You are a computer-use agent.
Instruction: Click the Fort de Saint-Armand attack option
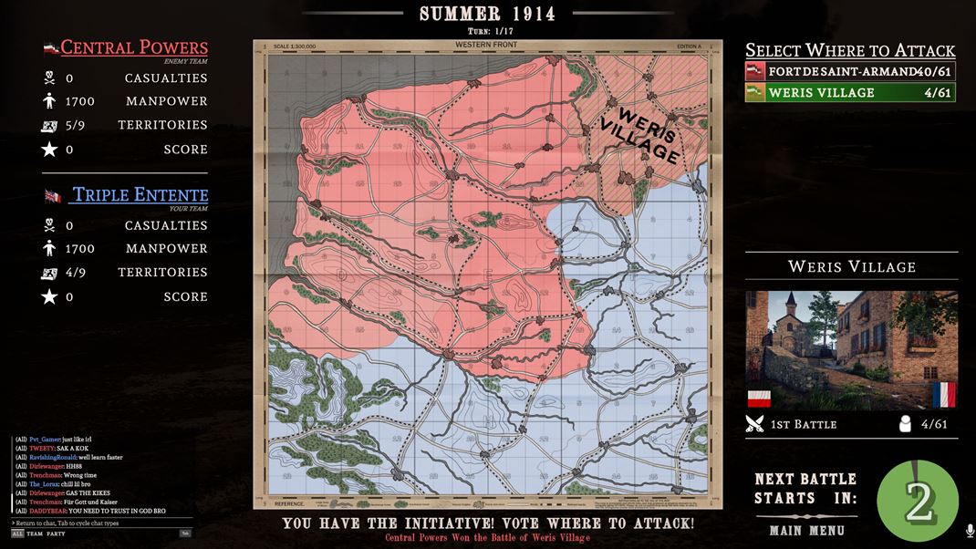(x=849, y=71)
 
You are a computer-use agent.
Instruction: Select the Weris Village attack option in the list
(x=849, y=92)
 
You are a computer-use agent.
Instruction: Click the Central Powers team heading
(x=134, y=47)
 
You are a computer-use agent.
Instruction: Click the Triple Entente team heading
(x=140, y=194)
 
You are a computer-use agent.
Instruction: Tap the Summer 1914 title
(x=487, y=14)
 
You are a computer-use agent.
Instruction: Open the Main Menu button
(x=806, y=530)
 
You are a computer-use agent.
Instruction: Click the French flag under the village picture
(x=944, y=395)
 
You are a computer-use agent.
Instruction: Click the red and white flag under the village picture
(x=759, y=399)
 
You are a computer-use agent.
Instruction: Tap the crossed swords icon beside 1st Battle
(x=754, y=424)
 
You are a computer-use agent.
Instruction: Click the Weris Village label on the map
(x=649, y=137)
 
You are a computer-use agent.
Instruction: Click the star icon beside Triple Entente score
(x=49, y=296)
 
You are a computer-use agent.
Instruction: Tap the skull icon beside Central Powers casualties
(x=49, y=78)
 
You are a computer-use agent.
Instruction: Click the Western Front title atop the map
(x=486, y=46)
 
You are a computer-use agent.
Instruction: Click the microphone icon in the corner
(x=969, y=530)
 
